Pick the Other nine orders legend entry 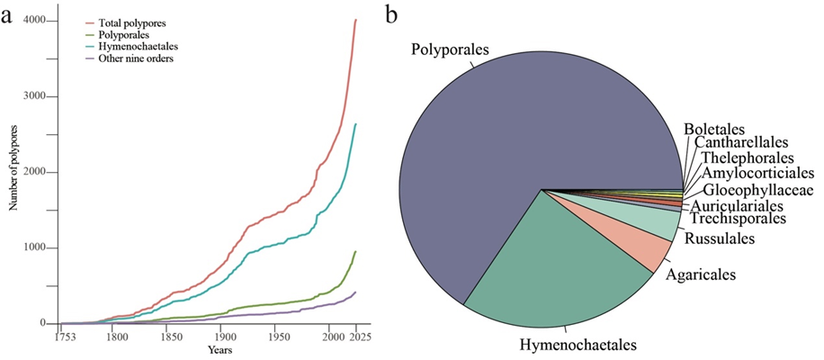click(x=136, y=58)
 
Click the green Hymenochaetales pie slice click(x=558, y=261)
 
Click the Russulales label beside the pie click(x=718, y=238)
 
